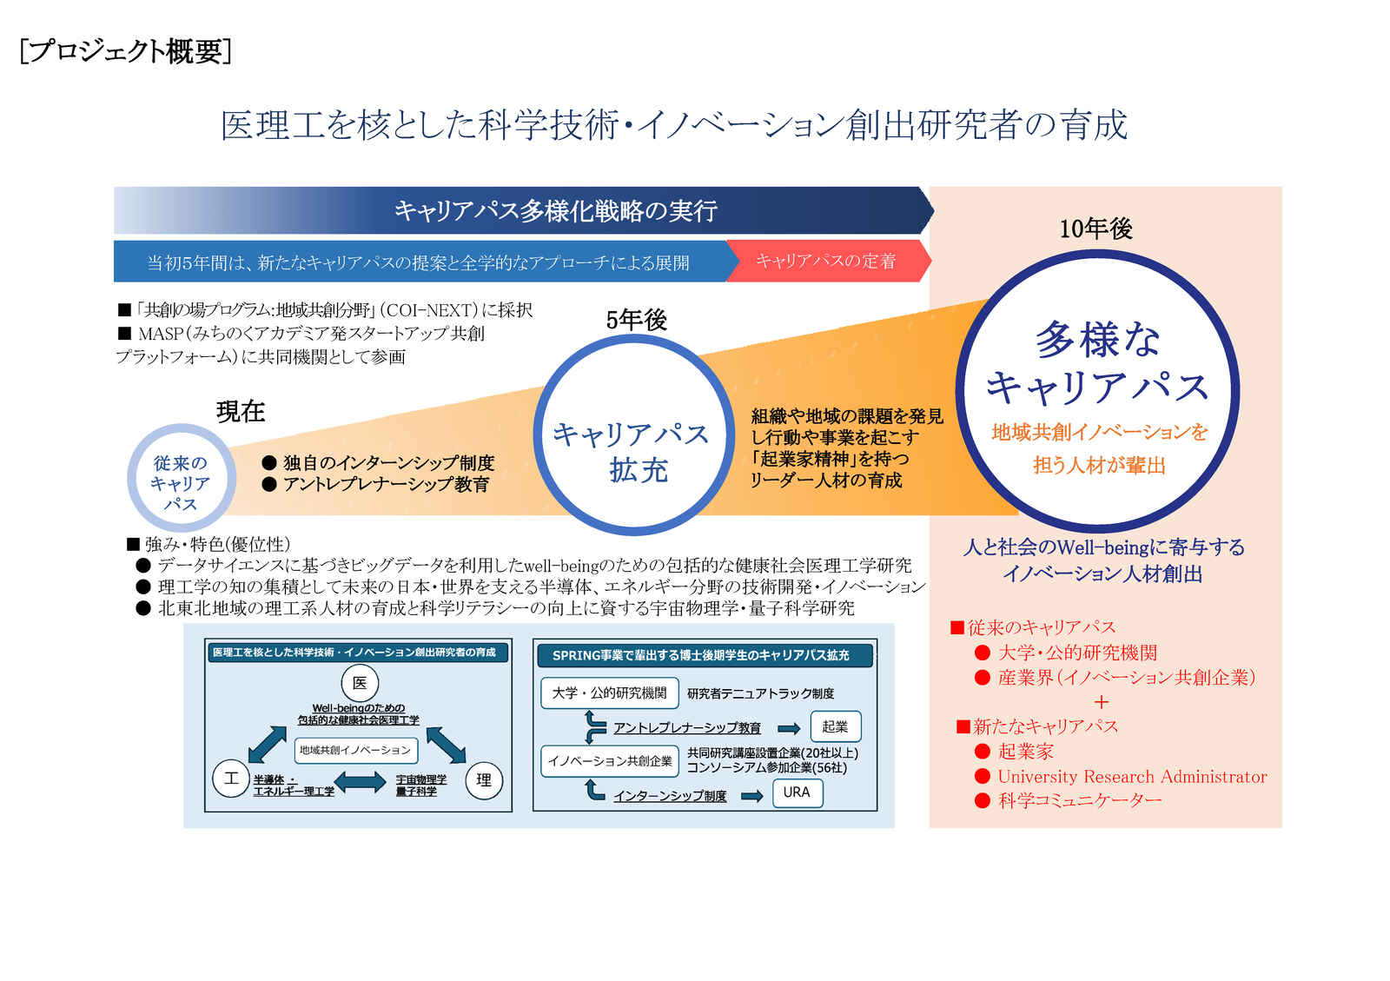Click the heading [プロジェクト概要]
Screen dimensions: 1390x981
click(x=125, y=51)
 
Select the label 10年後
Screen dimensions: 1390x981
click(x=1095, y=229)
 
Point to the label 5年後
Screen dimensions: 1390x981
click(x=636, y=320)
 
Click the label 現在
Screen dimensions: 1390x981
click(x=241, y=411)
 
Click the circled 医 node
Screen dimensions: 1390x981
click(x=360, y=683)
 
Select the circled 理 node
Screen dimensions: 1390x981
click(x=484, y=780)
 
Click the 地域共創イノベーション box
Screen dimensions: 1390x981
click(x=355, y=750)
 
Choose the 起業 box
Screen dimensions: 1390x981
click(x=835, y=726)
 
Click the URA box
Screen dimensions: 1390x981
click(x=798, y=793)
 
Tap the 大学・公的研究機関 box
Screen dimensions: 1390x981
click(x=609, y=693)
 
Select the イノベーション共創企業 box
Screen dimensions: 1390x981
click(x=609, y=761)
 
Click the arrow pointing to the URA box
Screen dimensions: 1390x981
click(x=752, y=796)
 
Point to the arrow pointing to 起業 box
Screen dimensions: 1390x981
click(x=789, y=729)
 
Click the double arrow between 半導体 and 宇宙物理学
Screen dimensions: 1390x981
click(x=360, y=782)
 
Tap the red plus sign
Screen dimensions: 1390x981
click(x=1102, y=702)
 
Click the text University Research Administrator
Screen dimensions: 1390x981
click(x=1133, y=777)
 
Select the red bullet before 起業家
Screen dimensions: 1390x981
click(x=983, y=752)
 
